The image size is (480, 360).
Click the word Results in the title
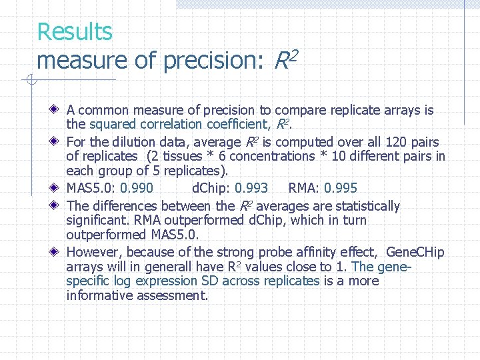pos(75,31)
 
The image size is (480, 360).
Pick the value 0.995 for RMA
pos(341,188)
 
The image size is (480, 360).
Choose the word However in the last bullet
pos(93,252)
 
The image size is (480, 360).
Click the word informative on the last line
pos(100,295)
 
